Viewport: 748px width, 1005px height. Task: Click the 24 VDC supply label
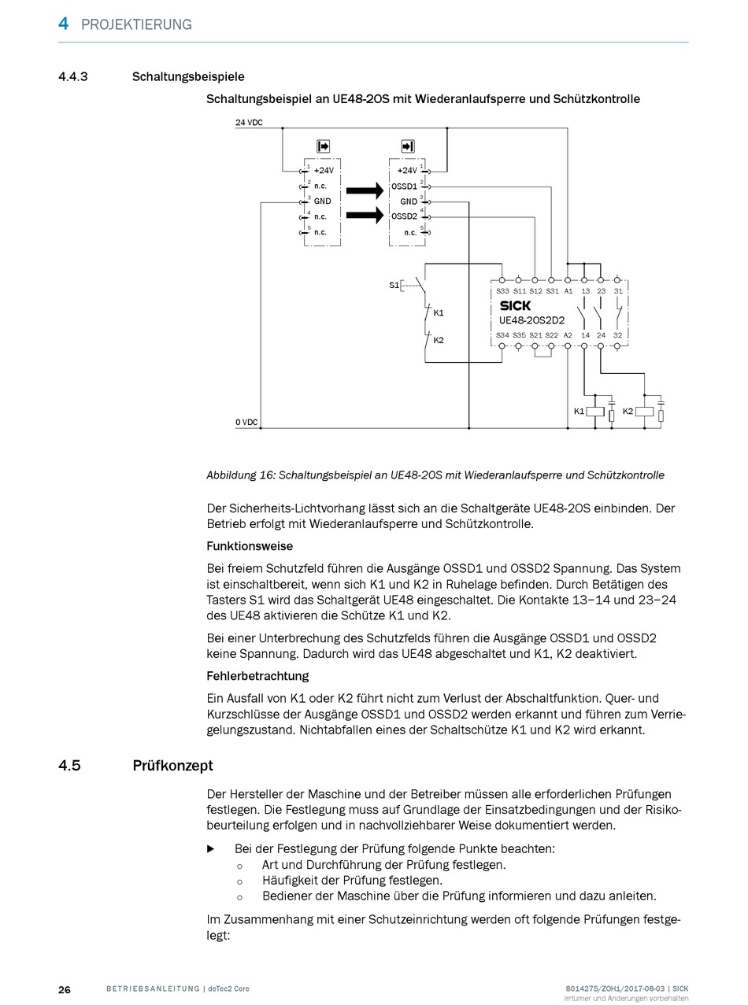(x=249, y=124)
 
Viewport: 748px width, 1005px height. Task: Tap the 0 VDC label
(x=246, y=423)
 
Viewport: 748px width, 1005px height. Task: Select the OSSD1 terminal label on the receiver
(x=404, y=187)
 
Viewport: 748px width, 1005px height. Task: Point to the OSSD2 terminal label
(x=404, y=216)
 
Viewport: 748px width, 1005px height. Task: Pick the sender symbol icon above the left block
(x=323, y=146)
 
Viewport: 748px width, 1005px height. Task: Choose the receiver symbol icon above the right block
(x=407, y=146)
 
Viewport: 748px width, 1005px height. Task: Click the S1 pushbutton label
(x=394, y=285)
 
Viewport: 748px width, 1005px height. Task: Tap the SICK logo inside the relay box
(x=516, y=305)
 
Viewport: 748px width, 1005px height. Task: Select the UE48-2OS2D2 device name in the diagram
(x=531, y=320)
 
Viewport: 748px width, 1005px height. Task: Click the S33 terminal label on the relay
(x=502, y=292)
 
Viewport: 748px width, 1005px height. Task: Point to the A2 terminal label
(x=568, y=336)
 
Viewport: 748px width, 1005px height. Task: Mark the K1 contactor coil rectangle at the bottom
(x=596, y=411)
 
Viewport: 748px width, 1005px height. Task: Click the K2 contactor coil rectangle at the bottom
(x=645, y=411)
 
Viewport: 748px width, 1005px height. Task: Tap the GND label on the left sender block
(x=322, y=201)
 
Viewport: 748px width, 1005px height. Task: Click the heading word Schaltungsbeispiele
(x=188, y=77)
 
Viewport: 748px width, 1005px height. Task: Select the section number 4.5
(x=69, y=766)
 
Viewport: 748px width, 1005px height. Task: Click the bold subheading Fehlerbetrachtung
(x=257, y=676)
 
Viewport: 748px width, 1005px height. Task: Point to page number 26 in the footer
(x=65, y=989)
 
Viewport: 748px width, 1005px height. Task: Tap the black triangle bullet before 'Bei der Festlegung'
(x=211, y=849)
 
